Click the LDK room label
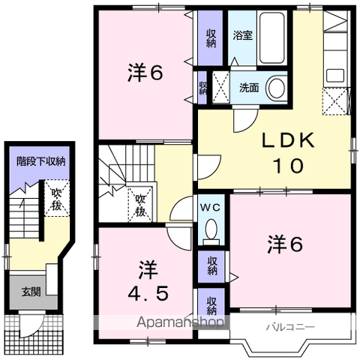click(288, 153)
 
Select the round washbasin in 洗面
click(277, 88)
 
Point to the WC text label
click(211, 207)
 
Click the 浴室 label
click(243, 35)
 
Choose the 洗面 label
click(249, 88)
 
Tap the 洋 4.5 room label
click(148, 280)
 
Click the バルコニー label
click(290, 327)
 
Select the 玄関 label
click(31, 292)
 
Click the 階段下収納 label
click(41, 161)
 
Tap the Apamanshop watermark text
click(180, 322)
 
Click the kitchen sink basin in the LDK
click(335, 75)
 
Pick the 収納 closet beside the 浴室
click(211, 38)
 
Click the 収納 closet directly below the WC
click(211, 266)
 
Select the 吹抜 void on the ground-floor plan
click(57, 198)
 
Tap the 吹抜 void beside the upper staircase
click(140, 204)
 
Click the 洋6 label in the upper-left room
click(145, 73)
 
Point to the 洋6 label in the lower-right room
click(285, 244)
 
